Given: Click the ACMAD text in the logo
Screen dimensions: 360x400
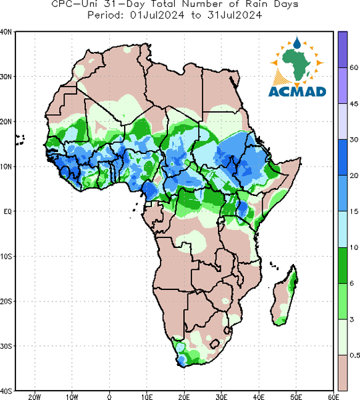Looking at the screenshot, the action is (297, 92).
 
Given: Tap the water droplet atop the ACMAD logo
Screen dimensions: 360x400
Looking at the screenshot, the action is (297, 43).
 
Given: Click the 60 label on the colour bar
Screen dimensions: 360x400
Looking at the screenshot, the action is (354, 67).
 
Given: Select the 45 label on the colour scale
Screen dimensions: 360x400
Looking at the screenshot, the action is (354, 104).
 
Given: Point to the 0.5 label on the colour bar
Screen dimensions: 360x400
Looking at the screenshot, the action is (355, 355).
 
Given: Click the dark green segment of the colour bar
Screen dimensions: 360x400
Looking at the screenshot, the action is (343, 265).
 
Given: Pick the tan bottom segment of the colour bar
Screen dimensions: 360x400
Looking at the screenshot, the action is (343, 373).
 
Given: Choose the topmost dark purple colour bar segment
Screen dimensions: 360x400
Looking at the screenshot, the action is (343, 49).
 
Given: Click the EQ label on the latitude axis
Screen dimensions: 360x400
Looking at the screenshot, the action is (7, 211).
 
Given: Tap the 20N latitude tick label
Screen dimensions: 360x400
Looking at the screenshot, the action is (5, 122).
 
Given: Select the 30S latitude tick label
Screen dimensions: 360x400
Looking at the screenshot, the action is (5, 346).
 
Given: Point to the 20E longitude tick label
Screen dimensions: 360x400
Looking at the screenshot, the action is (184, 397).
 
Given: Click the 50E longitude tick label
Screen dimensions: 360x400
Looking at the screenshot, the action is (296, 397).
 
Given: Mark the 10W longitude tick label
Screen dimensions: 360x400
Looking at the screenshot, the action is (72, 397).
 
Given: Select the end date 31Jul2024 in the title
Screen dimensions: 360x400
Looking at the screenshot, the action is (235, 15).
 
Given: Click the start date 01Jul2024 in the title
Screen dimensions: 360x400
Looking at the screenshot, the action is (157, 15).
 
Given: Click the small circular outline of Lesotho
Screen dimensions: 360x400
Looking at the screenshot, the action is (215, 344).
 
